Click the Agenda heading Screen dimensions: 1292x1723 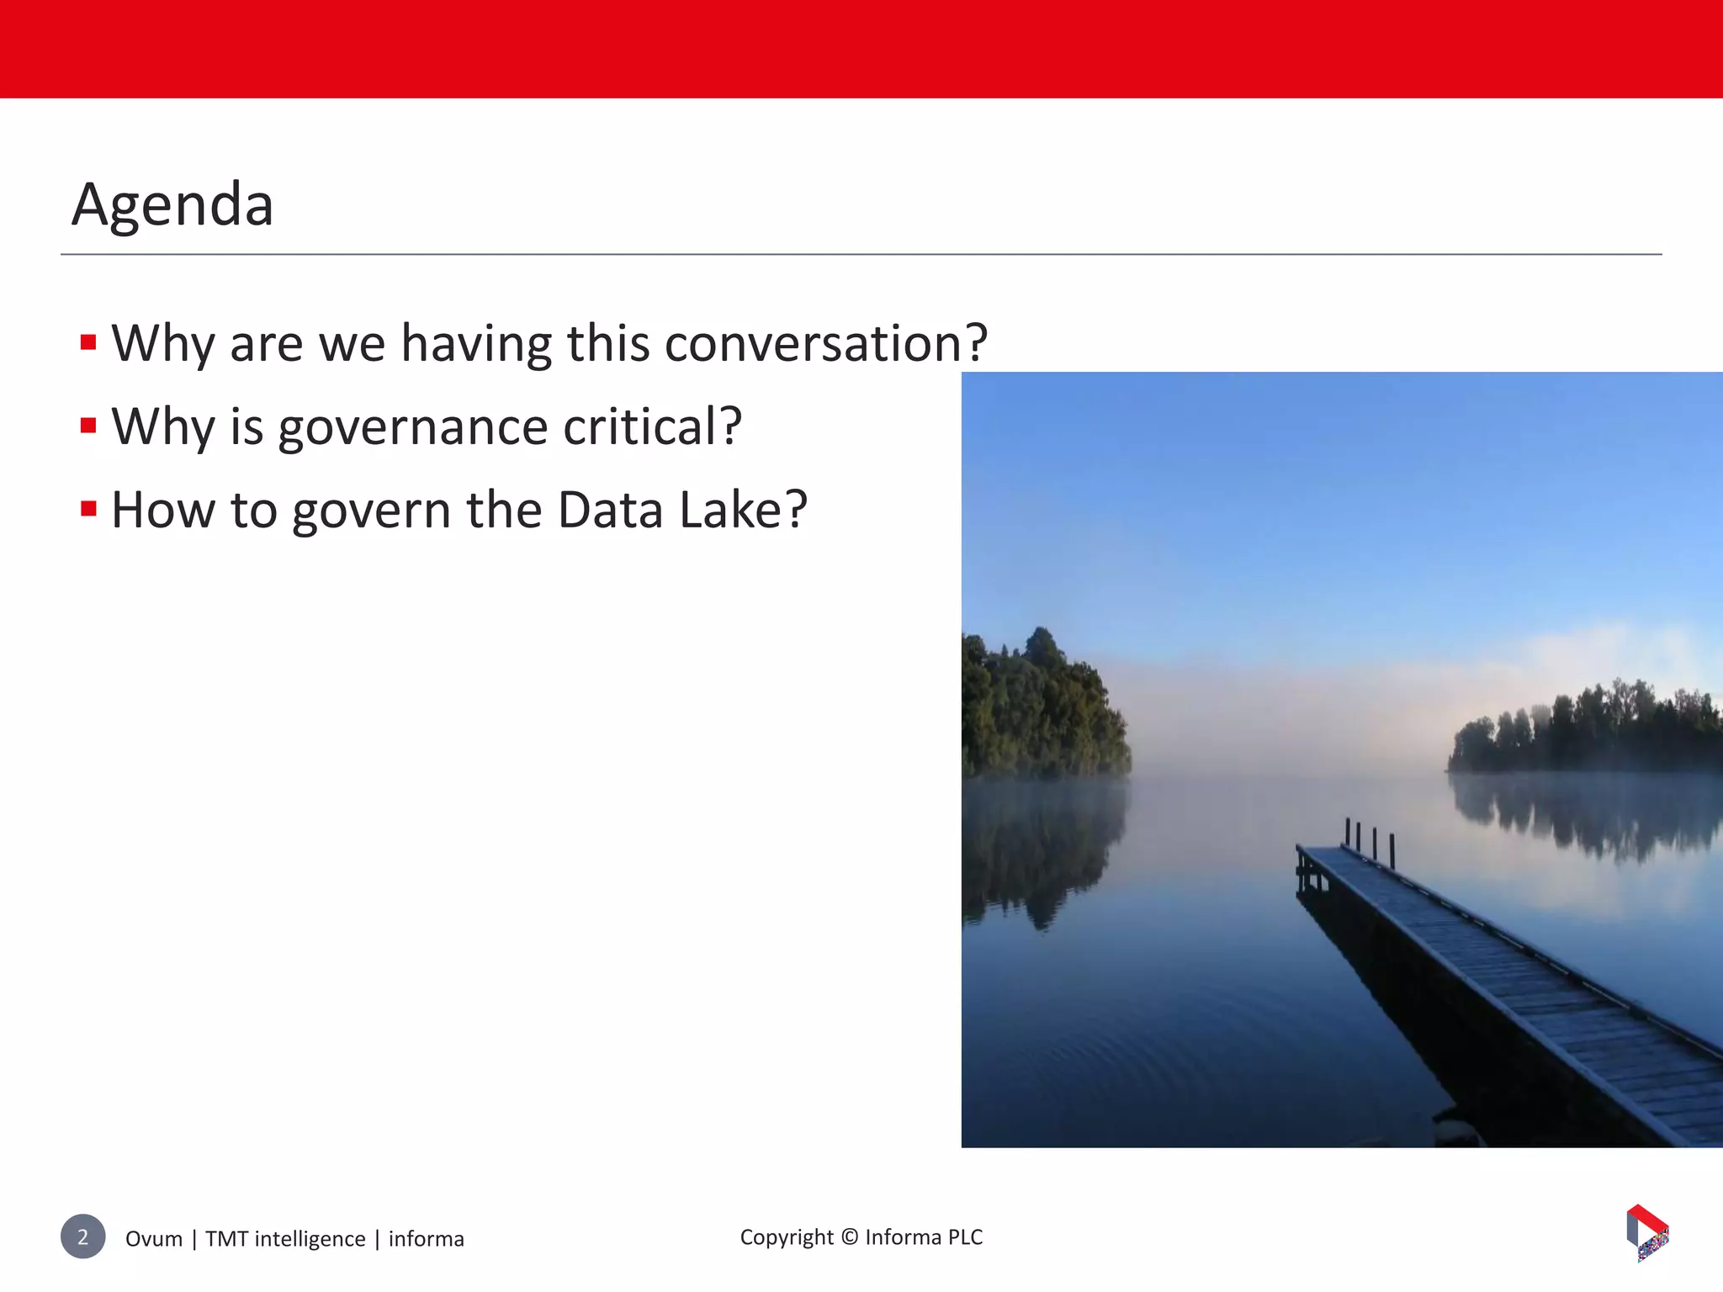[x=172, y=204]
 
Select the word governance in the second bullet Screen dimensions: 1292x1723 [x=412, y=427]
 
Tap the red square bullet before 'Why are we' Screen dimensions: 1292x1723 [x=88, y=342]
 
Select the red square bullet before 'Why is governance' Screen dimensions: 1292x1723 [x=88, y=426]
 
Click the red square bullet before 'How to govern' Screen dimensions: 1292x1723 [x=88, y=509]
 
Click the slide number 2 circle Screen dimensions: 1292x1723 [x=82, y=1236]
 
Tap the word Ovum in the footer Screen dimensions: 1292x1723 [x=154, y=1239]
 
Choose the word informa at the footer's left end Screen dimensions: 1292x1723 [x=426, y=1239]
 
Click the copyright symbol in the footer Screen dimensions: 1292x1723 [x=850, y=1237]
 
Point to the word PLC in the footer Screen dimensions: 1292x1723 [x=965, y=1237]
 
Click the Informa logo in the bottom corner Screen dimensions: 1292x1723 [x=1647, y=1233]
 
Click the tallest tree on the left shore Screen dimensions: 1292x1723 [x=1042, y=648]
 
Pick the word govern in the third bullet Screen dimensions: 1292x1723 [x=371, y=511]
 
